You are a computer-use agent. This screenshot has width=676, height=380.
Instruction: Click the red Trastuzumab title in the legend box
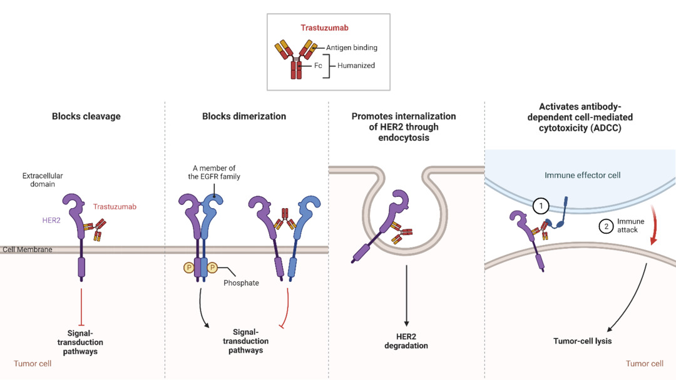pos(324,28)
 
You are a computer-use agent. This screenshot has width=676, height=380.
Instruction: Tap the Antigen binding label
pos(351,47)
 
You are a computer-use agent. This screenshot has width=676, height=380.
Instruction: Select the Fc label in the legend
pos(318,66)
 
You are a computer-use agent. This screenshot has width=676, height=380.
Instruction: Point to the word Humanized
pos(356,66)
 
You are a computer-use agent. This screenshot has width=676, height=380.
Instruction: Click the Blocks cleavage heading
pos(86,116)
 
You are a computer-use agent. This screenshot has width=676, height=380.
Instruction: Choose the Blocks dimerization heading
pos(244,116)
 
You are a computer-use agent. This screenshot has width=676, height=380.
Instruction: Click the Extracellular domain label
pos(43,180)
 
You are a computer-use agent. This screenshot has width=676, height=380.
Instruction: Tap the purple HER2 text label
pos(51,221)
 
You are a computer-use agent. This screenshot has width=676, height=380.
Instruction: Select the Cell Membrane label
pos(27,249)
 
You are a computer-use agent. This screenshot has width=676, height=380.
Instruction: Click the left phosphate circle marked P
pos(189,267)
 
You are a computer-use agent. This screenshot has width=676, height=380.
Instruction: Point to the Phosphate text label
pos(241,282)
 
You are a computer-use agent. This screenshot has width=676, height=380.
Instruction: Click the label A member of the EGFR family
pos(214,172)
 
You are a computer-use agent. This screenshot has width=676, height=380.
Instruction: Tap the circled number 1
pos(541,206)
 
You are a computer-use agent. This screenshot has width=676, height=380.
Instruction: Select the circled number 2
pos(606,226)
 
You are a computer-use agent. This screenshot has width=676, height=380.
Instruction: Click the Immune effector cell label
pos(583,175)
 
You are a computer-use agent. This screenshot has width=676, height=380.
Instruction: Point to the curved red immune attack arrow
pos(654,224)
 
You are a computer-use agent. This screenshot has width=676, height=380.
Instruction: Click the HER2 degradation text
pos(406,341)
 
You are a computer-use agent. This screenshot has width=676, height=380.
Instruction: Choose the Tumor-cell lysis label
pos(583,341)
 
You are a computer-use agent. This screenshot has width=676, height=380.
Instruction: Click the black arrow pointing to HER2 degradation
pos(406,296)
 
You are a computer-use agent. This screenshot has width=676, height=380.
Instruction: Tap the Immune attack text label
pos(630,226)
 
